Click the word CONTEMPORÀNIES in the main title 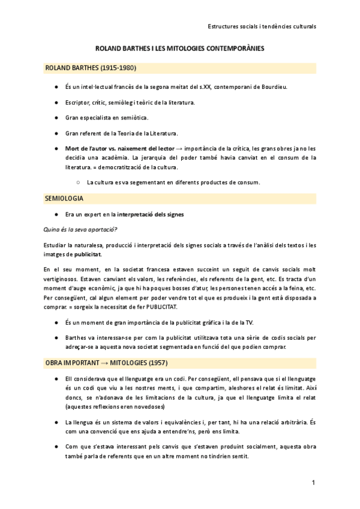230,47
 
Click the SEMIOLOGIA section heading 64,197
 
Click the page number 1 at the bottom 313,483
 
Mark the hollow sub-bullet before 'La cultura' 78,182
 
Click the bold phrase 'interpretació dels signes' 150,214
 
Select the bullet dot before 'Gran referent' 56,133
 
